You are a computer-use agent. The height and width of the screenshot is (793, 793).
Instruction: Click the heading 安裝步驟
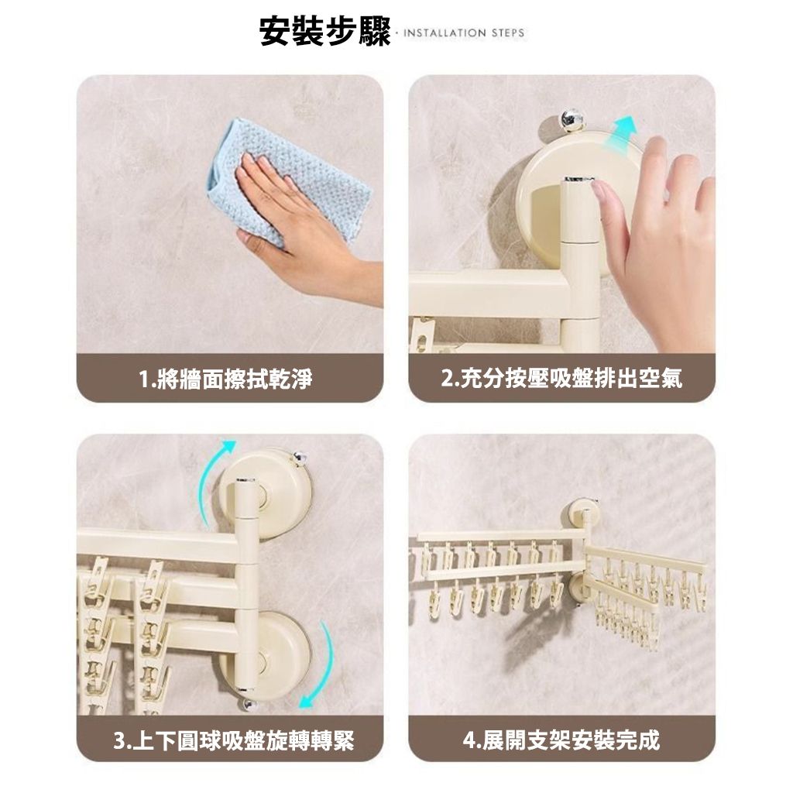pos(324,32)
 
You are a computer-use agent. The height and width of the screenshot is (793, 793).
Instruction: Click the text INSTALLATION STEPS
pos(464,33)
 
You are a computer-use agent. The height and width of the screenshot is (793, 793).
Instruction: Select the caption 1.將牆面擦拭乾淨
pos(225,379)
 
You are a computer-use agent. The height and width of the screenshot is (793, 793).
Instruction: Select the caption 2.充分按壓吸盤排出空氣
pos(562,379)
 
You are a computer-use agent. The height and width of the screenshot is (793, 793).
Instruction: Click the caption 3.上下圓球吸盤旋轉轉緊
pos(234,741)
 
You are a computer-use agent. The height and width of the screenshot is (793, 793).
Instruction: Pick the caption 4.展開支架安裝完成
pos(562,741)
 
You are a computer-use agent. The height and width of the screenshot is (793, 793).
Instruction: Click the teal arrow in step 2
pos(623,131)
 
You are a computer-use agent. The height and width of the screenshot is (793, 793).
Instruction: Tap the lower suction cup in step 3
pos(265,655)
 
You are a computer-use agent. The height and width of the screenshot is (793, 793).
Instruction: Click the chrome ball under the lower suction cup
pos(249,705)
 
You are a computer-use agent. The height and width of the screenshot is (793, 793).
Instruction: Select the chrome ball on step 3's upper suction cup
pos(300,458)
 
